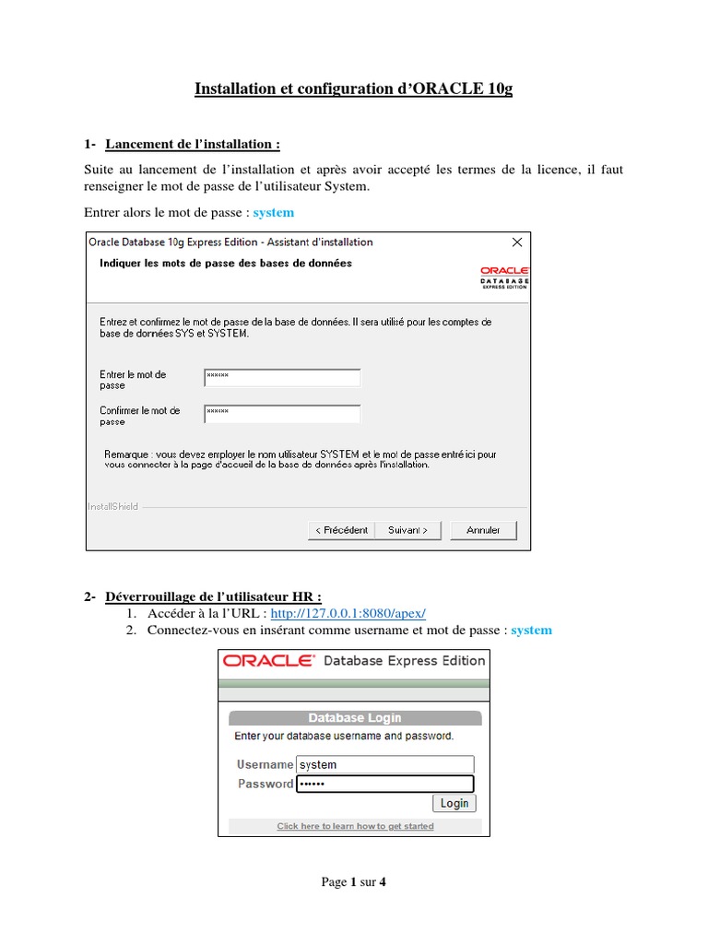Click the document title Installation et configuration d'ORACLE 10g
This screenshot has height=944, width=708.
pyautogui.click(x=353, y=89)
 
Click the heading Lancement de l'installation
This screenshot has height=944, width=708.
pyautogui.click(x=193, y=144)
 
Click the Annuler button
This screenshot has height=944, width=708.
pyautogui.click(x=483, y=530)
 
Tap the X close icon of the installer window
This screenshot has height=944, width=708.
pyautogui.click(x=517, y=242)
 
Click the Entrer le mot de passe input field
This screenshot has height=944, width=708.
pyautogui.click(x=282, y=378)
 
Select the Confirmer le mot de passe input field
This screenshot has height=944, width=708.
pyautogui.click(x=282, y=414)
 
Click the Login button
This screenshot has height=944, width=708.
pyautogui.click(x=454, y=803)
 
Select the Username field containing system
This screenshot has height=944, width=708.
pyautogui.click(x=384, y=764)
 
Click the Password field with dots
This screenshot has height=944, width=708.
pyautogui.click(x=384, y=784)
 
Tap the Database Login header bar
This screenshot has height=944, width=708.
pyautogui.click(x=354, y=718)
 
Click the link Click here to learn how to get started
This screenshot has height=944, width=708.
pyautogui.click(x=355, y=826)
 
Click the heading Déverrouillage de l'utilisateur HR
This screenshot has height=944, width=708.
pyautogui.click(x=214, y=596)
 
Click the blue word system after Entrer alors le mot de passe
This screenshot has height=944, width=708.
pyautogui.click(x=274, y=213)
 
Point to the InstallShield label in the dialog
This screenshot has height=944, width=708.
pyautogui.click(x=113, y=506)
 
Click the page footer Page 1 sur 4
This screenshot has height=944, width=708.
pyautogui.click(x=354, y=882)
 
